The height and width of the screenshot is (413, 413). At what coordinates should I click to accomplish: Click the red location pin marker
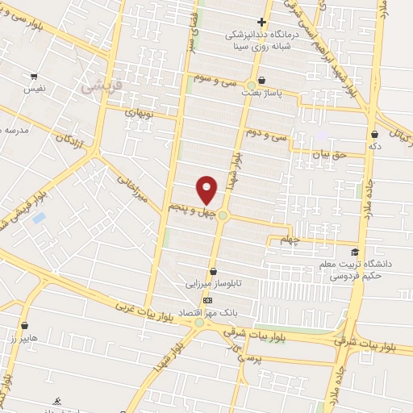coord(207,190)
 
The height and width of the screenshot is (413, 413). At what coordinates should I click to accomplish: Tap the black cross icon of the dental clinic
coord(261,23)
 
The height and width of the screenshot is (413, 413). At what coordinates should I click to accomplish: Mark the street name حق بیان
coord(330,152)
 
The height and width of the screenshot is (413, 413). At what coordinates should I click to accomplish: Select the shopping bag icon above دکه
coord(373,133)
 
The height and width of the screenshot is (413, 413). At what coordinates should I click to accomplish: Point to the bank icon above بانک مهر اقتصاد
coord(207,299)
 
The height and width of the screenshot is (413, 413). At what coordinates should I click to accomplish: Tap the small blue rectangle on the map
coord(39,218)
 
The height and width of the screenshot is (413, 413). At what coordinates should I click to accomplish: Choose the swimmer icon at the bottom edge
coord(56,401)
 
